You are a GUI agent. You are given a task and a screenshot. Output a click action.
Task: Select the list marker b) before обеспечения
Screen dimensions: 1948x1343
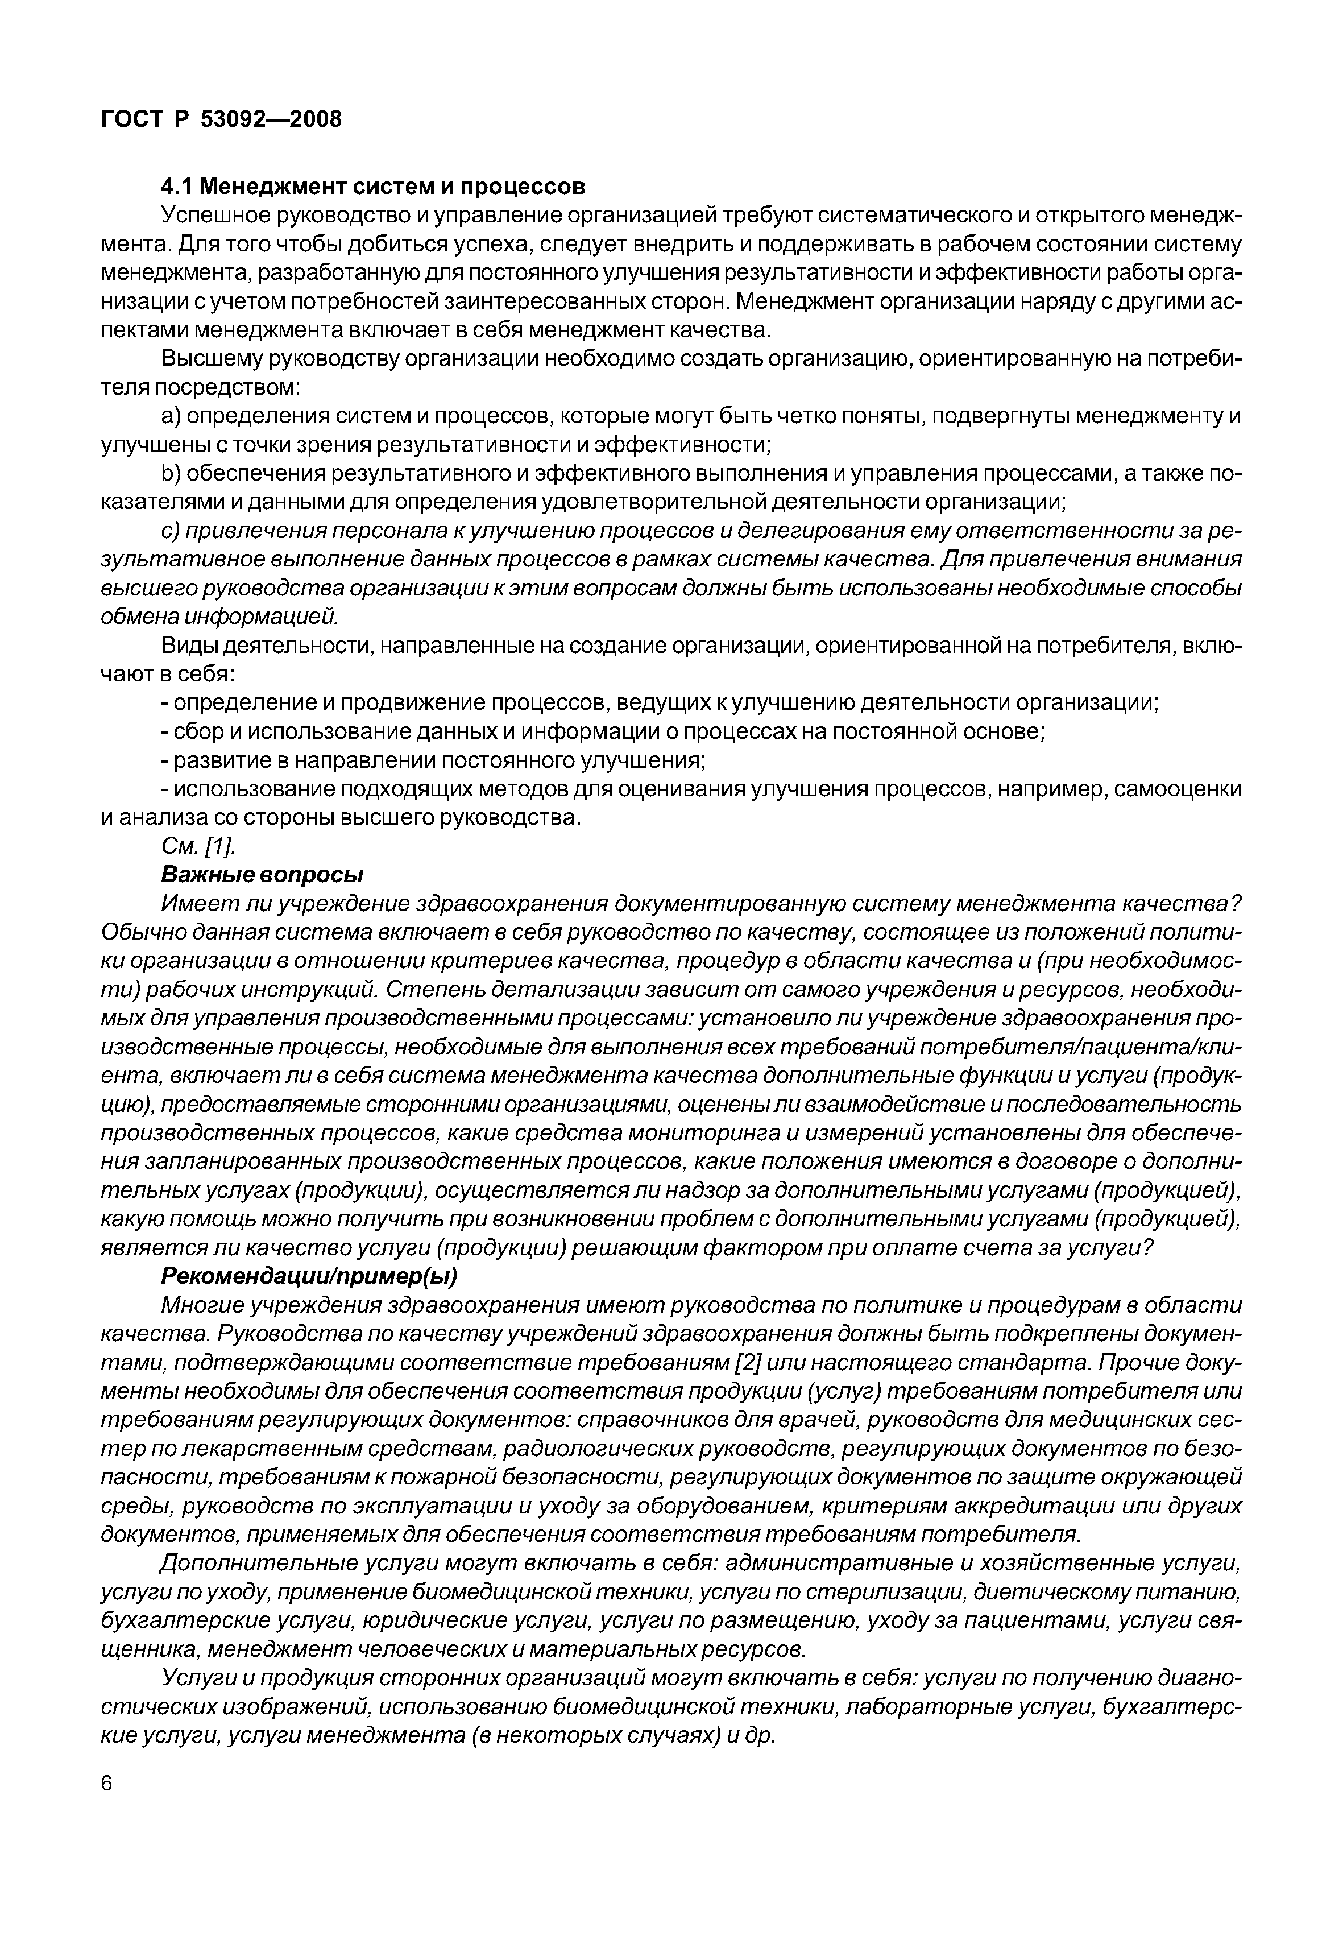point(171,474)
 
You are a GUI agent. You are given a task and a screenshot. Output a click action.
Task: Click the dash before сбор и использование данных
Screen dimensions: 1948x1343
point(165,733)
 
